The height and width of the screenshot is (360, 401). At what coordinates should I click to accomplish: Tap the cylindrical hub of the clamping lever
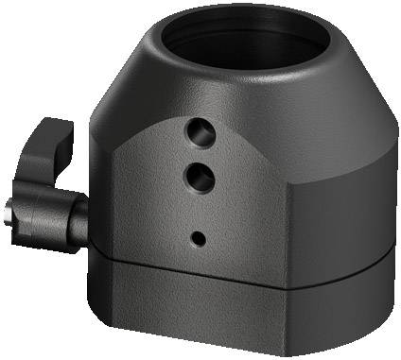[x=43, y=214]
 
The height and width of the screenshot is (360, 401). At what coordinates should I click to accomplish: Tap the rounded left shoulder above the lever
[x=113, y=104]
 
